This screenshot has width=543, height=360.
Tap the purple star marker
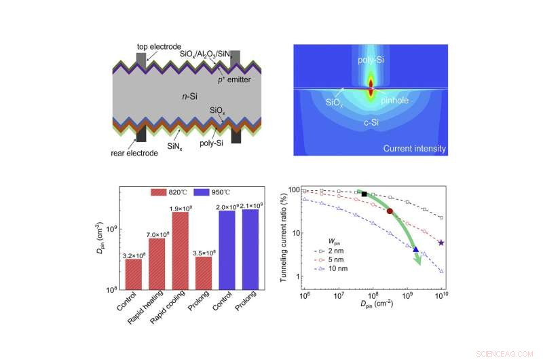pyautogui.click(x=442, y=242)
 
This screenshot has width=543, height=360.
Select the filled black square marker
pyautogui.click(x=364, y=194)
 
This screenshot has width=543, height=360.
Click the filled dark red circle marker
pyautogui.click(x=390, y=211)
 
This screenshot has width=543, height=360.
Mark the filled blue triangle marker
pyautogui.click(x=416, y=249)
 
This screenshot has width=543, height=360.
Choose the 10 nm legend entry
pyautogui.click(x=338, y=268)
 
